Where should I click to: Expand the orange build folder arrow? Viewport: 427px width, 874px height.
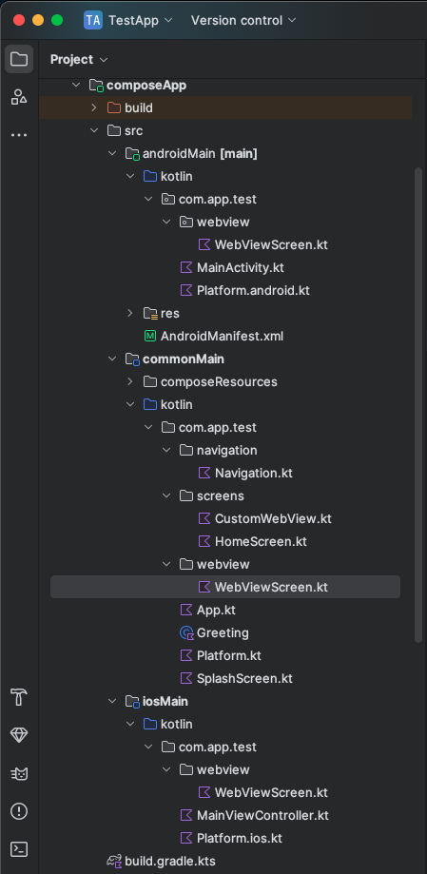pyautogui.click(x=93, y=107)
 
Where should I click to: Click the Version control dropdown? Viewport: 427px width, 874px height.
pyautogui.click(x=243, y=21)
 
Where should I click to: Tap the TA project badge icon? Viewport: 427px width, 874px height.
pyautogui.click(x=93, y=21)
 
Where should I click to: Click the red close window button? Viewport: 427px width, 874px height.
pyautogui.click(x=19, y=21)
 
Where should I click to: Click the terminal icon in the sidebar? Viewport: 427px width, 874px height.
pyautogui.click(x=19, y=849)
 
